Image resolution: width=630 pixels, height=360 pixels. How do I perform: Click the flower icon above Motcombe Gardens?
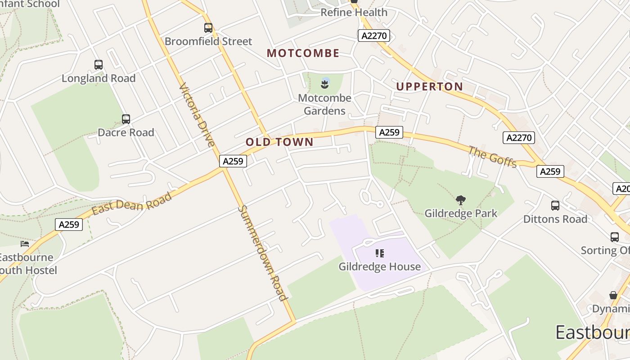coord(325,83)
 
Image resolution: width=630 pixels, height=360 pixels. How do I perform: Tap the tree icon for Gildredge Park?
coord(460,200)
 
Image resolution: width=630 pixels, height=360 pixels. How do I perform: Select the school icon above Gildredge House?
coord(380,253)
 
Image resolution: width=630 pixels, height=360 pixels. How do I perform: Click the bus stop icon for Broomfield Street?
coord(208,28)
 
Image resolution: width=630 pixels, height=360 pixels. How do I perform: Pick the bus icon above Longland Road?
coord(99,65)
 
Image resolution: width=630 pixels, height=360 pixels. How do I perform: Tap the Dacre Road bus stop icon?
coord(126,119)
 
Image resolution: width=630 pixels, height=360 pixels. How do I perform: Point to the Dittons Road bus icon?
coord(555,206)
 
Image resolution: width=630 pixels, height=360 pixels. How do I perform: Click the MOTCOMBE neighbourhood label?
coord(303,53)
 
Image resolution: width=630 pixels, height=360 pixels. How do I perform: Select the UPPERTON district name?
coord(429,86)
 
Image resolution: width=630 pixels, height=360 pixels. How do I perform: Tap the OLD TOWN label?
coord(279,142)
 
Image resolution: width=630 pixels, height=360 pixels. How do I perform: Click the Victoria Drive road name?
coord(197,115)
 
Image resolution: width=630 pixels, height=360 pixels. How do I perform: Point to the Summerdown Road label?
coord(262,253)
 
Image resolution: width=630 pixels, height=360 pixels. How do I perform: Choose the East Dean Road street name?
coord(132,204)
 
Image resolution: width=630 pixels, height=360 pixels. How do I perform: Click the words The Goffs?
coord(492,157)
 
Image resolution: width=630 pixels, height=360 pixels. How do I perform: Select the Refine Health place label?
coord(354,13)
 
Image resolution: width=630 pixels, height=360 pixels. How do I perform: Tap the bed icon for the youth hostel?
coord(25,244)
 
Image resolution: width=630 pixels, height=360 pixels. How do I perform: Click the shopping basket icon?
coord(613,295)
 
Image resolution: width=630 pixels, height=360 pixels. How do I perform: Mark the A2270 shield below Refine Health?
coord(373,36)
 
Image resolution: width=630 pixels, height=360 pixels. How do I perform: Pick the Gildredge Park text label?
coord(461,213)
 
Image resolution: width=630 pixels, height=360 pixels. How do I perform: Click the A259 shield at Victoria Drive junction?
coord(233,161)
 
